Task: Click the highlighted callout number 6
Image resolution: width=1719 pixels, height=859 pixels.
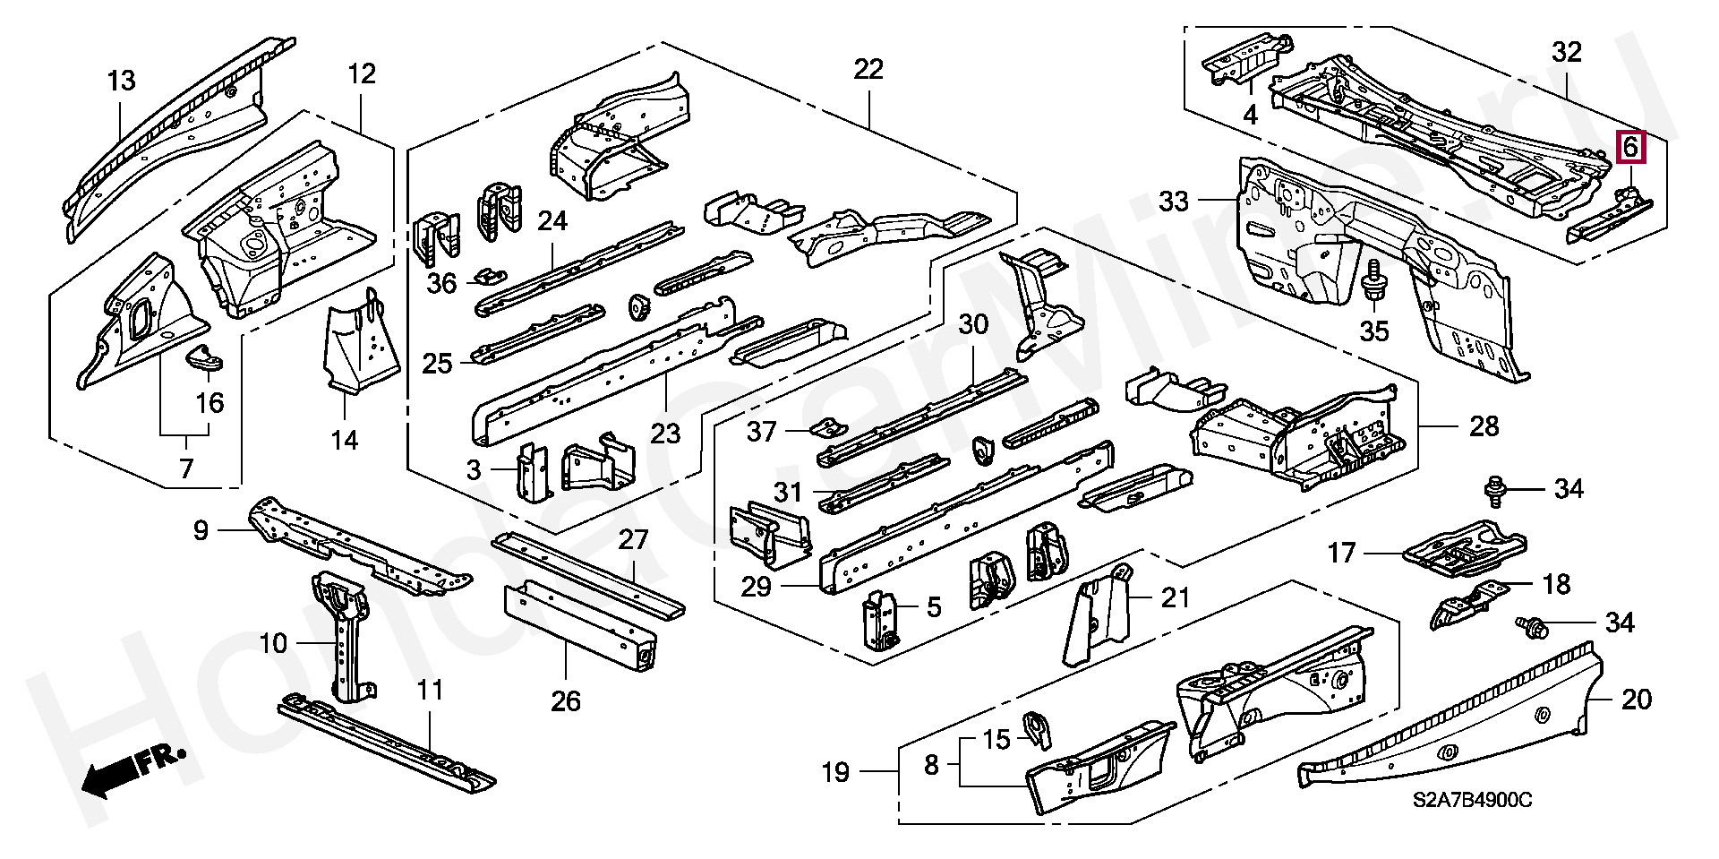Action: click(1630, 146)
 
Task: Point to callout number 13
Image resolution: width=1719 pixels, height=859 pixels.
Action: click(121, 81)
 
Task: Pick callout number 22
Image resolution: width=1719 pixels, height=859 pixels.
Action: click(868, 69)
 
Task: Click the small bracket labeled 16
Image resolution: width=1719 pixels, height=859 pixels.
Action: click(204, 358)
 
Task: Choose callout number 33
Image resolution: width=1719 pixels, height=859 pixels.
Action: click(1173, 201)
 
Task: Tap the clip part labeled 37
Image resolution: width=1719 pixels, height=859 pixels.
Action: click(828, 427)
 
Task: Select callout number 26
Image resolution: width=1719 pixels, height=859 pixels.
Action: click(566, 700)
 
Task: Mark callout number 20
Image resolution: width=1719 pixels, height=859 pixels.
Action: click(1637, 699)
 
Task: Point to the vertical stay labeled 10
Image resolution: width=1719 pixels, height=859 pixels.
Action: click(345, 636)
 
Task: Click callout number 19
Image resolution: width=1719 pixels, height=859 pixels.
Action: click(835, 772)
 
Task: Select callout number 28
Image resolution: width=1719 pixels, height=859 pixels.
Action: click(1484, 426)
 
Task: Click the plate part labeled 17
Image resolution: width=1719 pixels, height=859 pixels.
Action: click(1464, 547)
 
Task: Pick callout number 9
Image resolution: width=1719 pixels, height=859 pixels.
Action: click(201, 530)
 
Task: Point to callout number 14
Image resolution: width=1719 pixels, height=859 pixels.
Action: click(345, 440)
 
